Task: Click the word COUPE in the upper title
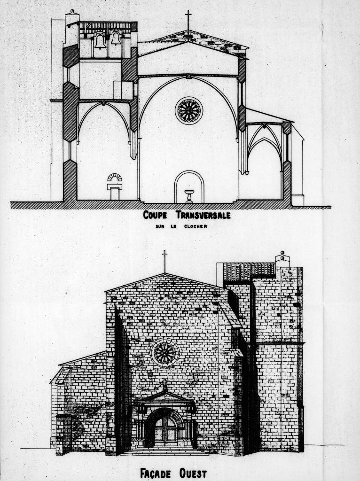[x=155, y=215]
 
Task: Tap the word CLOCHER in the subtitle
[x=196, y=227]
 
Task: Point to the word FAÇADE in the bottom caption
[x=155, y=473]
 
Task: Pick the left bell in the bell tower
[x=101, y=41]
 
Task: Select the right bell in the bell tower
[x=116, y=39]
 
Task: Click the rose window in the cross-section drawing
[x=189, y=110]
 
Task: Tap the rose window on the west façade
[x=165, y=353]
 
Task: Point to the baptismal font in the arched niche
[x=189, y=196]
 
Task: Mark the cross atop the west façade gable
[x=165, y=261]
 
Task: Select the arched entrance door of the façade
[x=165, y=429]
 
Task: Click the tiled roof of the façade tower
[x=249, y=272]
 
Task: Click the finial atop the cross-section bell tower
[x=72, y=12]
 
